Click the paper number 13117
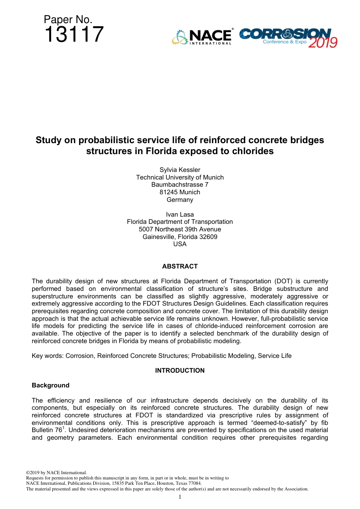pyautogui.click(x=74, y=34)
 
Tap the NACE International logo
pyautogui.click(x=202, y=37)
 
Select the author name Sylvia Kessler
pyautogui.click(x=180, y=170)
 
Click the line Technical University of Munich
pyautogui.click(x=180, y=177)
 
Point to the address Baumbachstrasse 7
pyautogui.click(x=180, y=184)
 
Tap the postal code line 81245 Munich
pyautogui.click(x=180, y=192)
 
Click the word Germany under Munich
pyautogui.click(x=180, y=200)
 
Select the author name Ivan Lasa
pyautogui.click(x=180, y=214)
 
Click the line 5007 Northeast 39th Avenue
pyautogui.click(x=180, y=229)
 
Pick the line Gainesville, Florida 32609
pyautogui.click(x=180, y=237)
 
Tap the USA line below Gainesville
pyautogui.click(x=180, y=244)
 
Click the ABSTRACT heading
pyautogui.click(x=180, y=266)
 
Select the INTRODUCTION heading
pyautogui.click(x=180, y=370)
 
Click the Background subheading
pyautogui.click(x=50, y=385)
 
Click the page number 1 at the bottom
pyautogui.click(x=180, y=497)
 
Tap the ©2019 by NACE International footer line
pyautogui.click(x=56, y=473)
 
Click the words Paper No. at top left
pyautogui.click(x=68, y=20)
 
